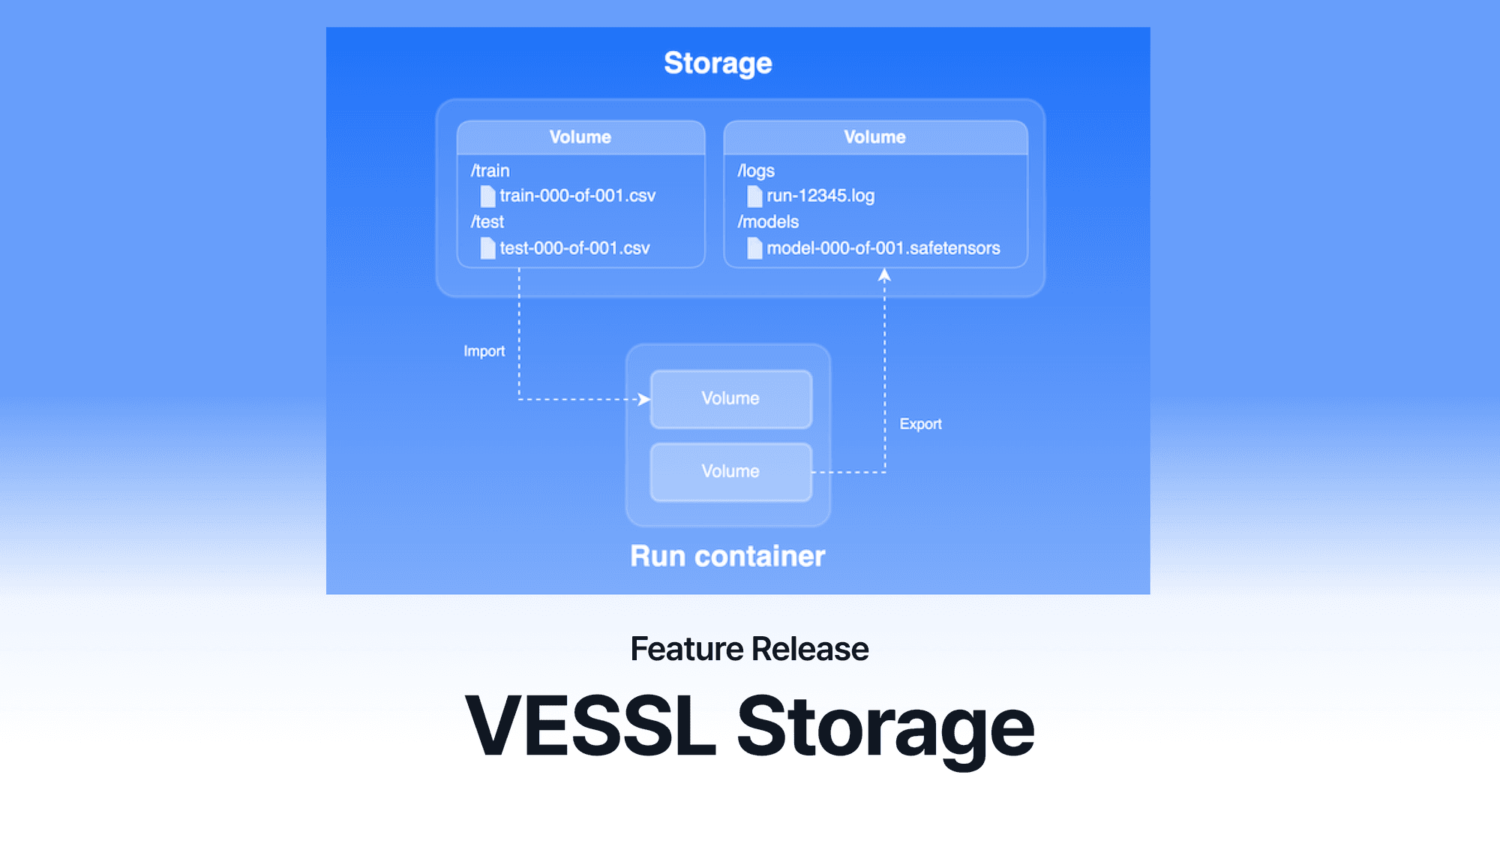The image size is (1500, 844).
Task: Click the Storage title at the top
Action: click(x=718, y=64)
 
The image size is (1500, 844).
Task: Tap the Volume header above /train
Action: click(x=580, y=137)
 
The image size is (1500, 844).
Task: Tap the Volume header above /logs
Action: click(x=874, y=137)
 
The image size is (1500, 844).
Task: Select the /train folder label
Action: click(x=490, y=171)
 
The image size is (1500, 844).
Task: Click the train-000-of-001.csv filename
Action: click(x=577, y=196)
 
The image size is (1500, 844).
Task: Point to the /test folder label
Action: click(x=487, y=222)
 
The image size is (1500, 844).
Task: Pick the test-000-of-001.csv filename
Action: click(x=574, y=248)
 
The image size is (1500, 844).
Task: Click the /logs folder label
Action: click(x=755, y=171)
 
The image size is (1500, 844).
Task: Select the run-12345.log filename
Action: click(x=820, y=196)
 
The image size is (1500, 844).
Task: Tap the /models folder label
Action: click(x=767, y=222)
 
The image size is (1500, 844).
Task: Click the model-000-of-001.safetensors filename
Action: click(x=883, y=248)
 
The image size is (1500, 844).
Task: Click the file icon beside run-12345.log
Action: click(x=754, y=197)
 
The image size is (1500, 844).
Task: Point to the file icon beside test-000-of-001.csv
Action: click(x=487, y=248)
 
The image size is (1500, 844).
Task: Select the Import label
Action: click(x=484, y=351)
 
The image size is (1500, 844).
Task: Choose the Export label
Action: click(x=920, y=424)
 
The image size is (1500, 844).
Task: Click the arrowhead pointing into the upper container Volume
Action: click(x=643, y=399)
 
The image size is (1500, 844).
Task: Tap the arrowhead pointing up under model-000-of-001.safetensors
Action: click(x=884, y=276)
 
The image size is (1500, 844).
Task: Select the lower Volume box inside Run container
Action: click(x=730, y=472)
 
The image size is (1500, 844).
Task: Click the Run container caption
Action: click(x=727, y=557)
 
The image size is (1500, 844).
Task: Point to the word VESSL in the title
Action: click(x=590, y=726)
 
